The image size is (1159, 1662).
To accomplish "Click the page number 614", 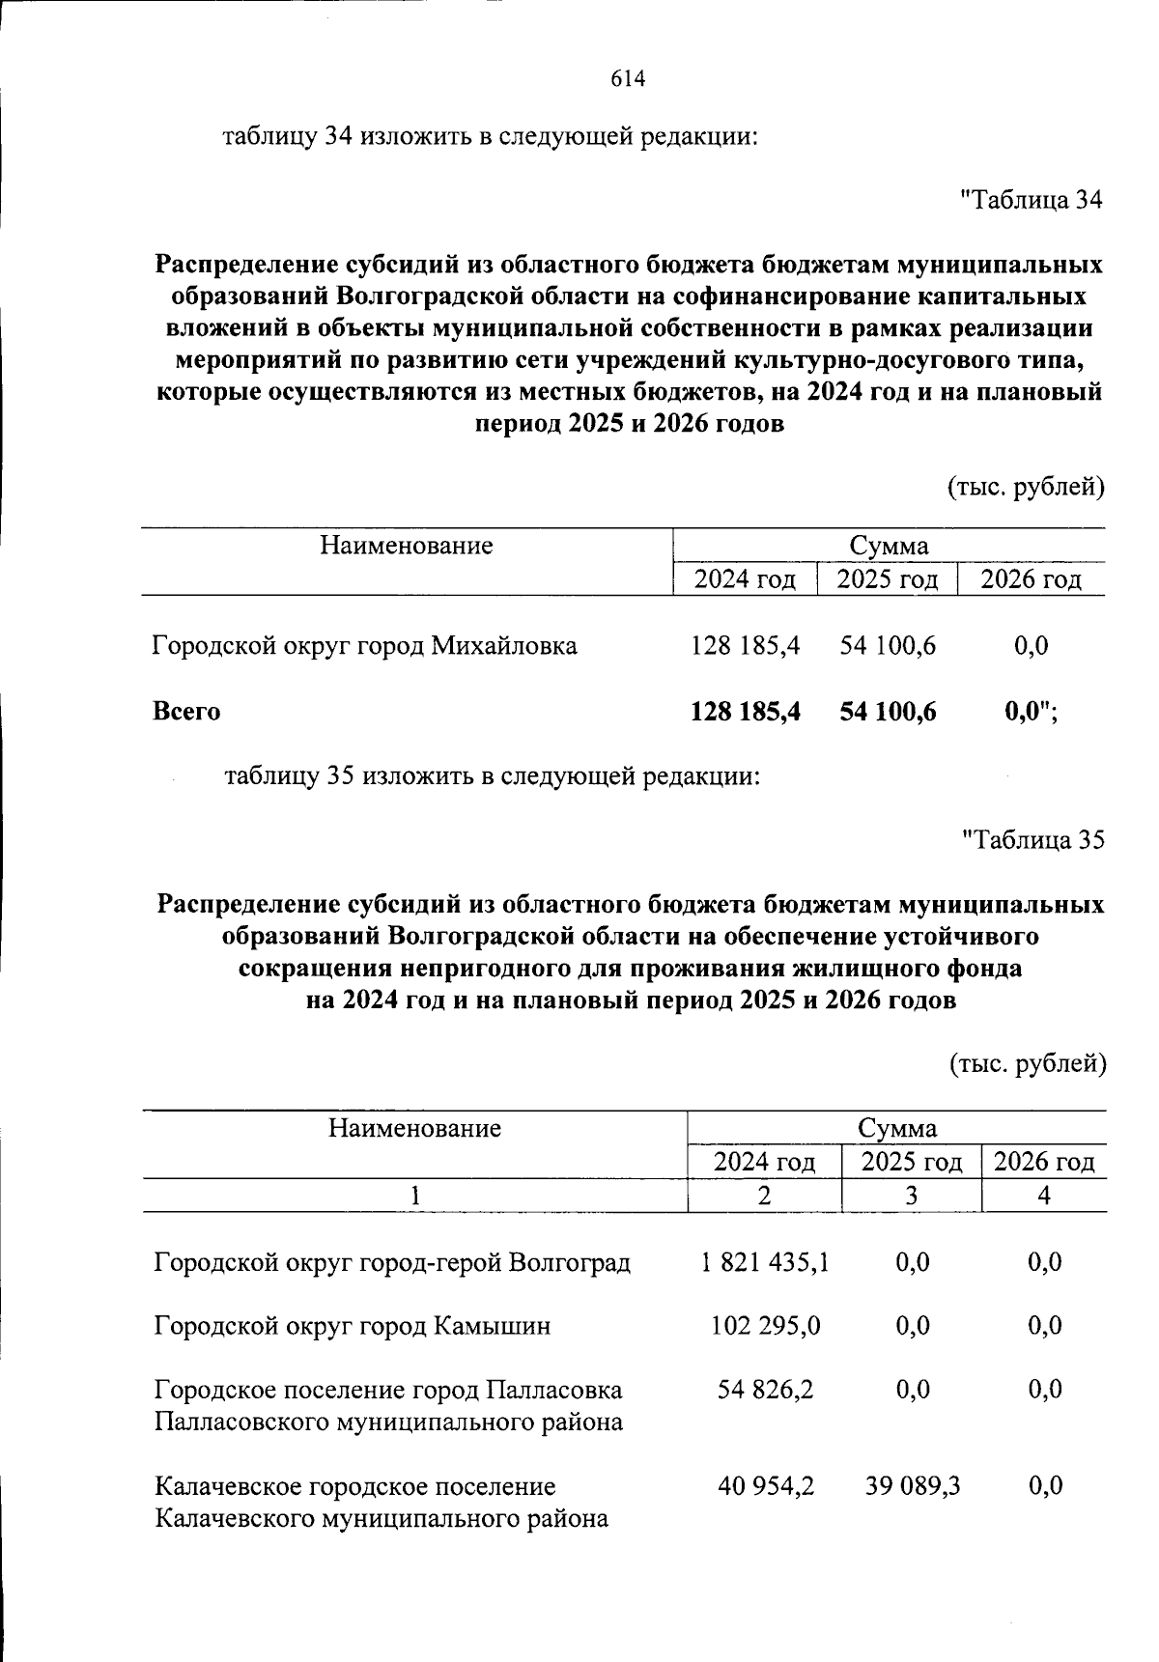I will tap(627, 79).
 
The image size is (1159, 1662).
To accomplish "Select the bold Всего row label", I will tap(186, 712).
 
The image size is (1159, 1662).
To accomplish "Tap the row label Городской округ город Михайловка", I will tap(365, 645).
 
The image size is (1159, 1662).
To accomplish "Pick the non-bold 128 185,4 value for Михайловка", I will tap(745, 645).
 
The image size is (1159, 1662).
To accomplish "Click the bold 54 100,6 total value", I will tap(888, 712).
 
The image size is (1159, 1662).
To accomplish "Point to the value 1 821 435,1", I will tap(765, 1261).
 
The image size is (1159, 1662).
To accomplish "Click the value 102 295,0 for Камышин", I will tap(765, 1325).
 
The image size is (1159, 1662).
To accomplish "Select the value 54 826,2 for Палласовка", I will tap(765, 1389).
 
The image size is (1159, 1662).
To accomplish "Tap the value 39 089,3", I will tap(912, 1485).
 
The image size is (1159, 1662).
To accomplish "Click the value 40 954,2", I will tap(765, 1485).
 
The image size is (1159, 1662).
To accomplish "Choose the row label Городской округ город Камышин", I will tap(353, 1325).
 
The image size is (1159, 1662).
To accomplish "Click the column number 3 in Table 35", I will tap(911, 1196).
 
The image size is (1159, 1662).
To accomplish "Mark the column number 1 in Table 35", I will tap(414, 1196).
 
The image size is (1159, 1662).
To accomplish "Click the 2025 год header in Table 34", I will tap(887, 579).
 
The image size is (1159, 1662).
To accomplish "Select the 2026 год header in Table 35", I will tap(1044, 1162).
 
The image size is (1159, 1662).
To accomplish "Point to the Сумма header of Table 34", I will tap(889, 546).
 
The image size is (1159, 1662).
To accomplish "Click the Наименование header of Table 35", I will tap(414, 1128).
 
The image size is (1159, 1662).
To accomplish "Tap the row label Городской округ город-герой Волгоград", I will tap(392, 1261).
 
